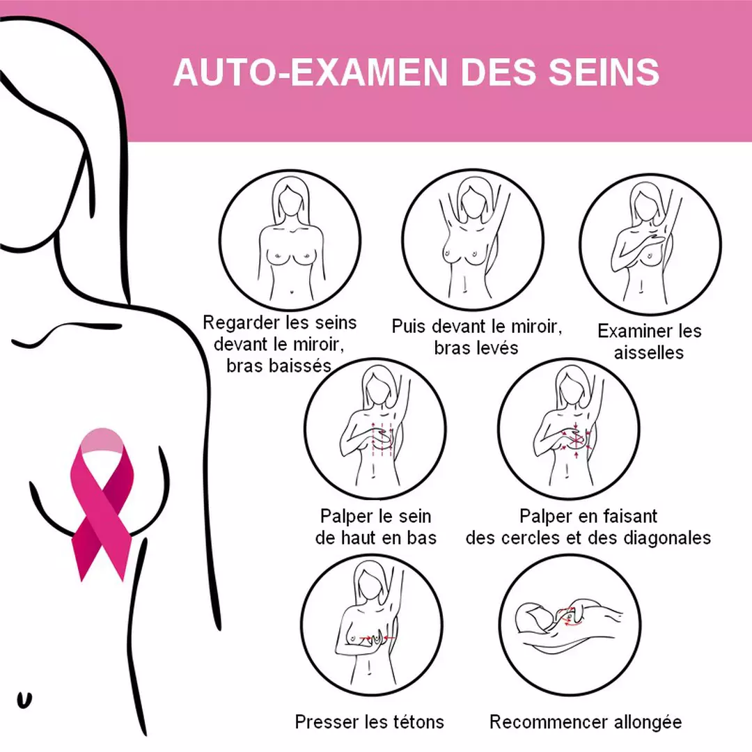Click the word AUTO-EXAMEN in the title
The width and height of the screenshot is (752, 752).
click(311, 72)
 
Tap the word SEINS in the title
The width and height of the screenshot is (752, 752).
click(604, 72)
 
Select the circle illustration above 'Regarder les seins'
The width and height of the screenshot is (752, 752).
click(290, 240)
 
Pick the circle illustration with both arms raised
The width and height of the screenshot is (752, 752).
click(473, 240)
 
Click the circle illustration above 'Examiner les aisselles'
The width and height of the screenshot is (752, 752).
click(650, 244)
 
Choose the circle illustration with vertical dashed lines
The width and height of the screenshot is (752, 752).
click(375, 429)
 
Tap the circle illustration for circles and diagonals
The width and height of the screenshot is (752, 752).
click(569, 429)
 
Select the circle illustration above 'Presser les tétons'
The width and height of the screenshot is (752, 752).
click(372, 625)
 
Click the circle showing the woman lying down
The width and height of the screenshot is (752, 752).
click(570, 625)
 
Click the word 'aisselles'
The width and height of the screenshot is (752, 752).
click(649, 352)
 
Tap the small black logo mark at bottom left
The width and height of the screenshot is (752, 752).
click(24, 700)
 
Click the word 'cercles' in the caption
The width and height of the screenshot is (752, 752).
click(531, 538)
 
